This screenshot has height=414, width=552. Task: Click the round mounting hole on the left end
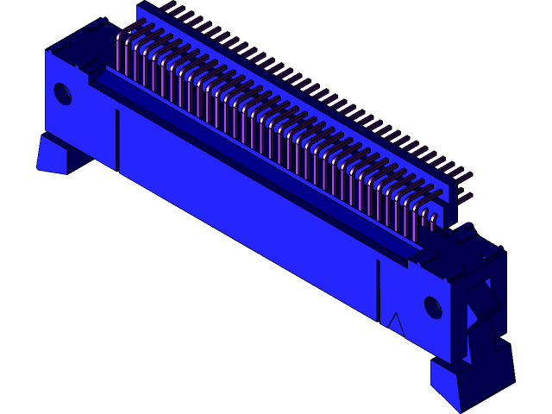click(x=63, y=93)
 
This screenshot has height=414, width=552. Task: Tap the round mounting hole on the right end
click(x=432, y=306)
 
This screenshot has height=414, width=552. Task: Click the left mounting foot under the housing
click(x=53, y=156)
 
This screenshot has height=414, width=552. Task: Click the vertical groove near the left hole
click(x=116, y=138)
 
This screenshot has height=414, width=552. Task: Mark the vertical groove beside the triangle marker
click(x=379, y=290)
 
